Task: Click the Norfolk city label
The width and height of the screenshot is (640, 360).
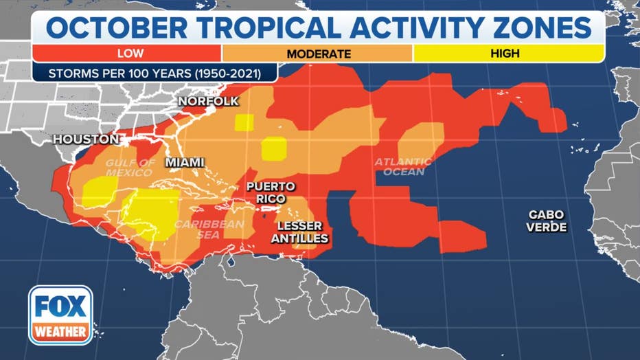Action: [208, 102]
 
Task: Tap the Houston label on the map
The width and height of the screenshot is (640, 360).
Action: [86, 139]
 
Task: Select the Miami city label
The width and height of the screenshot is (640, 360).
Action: [185, 163]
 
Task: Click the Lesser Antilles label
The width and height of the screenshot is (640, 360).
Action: [302, 232]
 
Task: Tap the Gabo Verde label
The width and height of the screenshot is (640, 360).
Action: [547, 221]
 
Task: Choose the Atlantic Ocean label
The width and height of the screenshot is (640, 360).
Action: [403, 167]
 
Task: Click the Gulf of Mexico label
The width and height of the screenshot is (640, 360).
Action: [130, 168]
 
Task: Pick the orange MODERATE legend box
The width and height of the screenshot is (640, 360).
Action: [318, 53]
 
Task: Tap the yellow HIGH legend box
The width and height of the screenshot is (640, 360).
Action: [508, 53]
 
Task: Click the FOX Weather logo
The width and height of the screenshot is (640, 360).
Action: [60, 315]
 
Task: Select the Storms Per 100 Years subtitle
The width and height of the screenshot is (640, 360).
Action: [155, 72]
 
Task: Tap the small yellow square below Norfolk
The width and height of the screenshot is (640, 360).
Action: [244, 122]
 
